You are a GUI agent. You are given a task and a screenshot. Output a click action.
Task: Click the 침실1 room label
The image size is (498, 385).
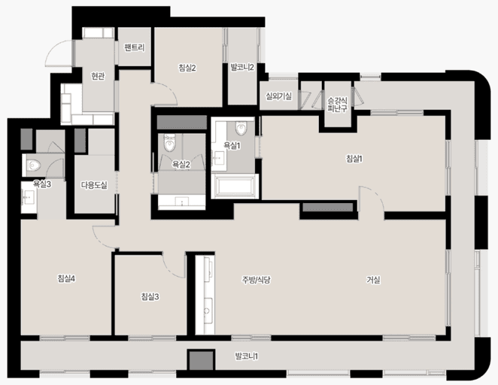coord(354,159)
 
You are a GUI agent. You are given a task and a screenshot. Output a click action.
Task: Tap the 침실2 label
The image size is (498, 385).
coord(187,68)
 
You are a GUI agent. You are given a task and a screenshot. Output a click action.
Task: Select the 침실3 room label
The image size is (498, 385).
coord(150,297)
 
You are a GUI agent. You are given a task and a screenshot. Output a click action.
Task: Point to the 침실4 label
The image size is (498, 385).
coord(66,279)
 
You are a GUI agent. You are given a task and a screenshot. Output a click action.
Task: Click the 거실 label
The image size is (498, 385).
coord(373,280)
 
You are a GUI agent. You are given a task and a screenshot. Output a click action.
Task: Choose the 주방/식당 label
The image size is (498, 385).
coord(256,280)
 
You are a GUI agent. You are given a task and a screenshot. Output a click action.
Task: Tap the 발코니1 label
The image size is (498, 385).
coord(247,356)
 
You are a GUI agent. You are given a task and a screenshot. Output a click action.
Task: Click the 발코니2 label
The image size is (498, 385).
coord(242,67)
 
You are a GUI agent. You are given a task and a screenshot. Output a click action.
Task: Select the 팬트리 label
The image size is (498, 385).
coord(135,47)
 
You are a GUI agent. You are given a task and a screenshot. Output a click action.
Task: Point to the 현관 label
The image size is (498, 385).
coord(98,76)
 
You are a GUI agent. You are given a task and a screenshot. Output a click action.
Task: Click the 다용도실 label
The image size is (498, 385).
coord(94,185)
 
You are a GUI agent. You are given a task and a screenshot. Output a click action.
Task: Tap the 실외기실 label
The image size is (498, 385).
coord(279,95)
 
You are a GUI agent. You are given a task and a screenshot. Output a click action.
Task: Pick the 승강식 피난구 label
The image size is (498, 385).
coord(337,105)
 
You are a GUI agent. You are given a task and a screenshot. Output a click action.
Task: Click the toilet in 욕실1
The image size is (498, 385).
coord(241,128)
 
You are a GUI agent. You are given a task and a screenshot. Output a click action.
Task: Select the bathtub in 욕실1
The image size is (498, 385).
coord(235,186)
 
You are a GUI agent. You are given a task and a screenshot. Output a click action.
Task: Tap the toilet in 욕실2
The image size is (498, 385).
coord(169,144)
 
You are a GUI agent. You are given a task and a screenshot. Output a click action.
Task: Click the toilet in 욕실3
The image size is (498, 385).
coord(32,165)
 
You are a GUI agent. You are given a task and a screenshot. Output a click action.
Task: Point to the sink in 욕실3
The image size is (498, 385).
coord(29,197)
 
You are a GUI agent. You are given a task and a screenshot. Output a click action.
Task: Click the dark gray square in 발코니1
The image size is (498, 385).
coord(201,360)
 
